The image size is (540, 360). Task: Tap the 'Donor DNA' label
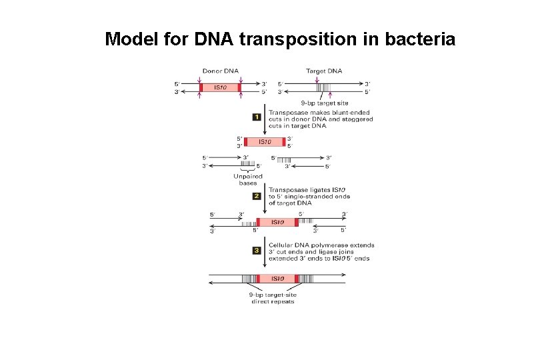[221, 71]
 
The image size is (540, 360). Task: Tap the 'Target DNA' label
[324, 71]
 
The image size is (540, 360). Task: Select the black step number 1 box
[257, 117]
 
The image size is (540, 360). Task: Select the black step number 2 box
[257, 196]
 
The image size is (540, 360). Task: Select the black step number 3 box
[257, 250]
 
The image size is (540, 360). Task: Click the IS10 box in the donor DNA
[221, 87]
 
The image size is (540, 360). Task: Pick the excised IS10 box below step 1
[265, 141]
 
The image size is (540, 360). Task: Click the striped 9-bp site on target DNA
[323, 87]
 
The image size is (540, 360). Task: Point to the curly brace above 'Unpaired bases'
[247, 170]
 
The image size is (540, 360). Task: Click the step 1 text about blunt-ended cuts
[320, 120]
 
